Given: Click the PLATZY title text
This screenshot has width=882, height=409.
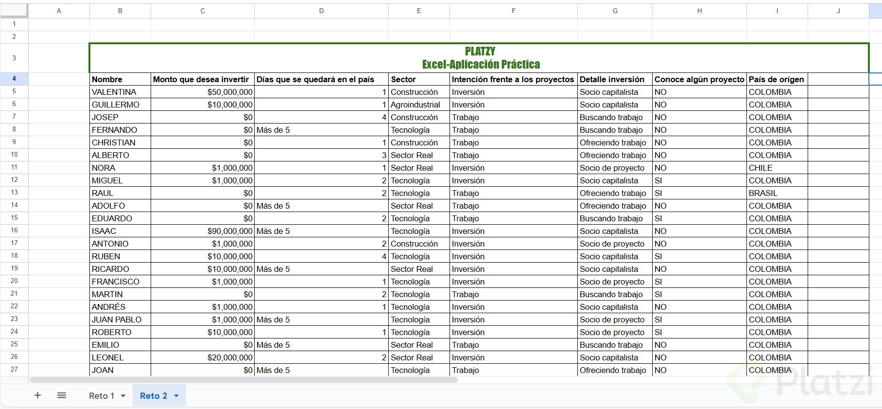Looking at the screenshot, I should (480, 52).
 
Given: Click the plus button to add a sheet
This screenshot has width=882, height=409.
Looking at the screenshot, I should (37, 395).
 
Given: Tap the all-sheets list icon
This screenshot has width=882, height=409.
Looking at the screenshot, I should (62, 395).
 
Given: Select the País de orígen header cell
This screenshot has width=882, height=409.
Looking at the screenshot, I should (776, 79).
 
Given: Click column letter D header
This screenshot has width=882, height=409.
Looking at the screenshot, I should (321, 11).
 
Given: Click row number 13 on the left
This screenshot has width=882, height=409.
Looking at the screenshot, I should (14, 193).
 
